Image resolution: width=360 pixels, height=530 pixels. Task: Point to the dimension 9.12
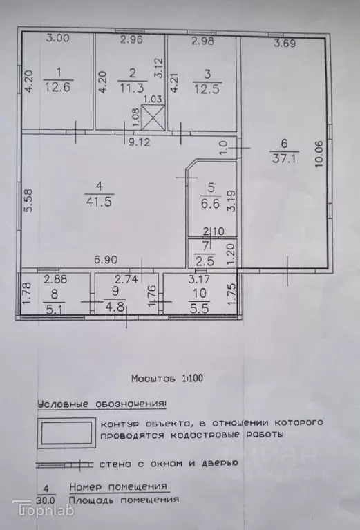click(140, 144)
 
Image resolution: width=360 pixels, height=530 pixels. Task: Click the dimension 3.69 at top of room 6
click(285, 44)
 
